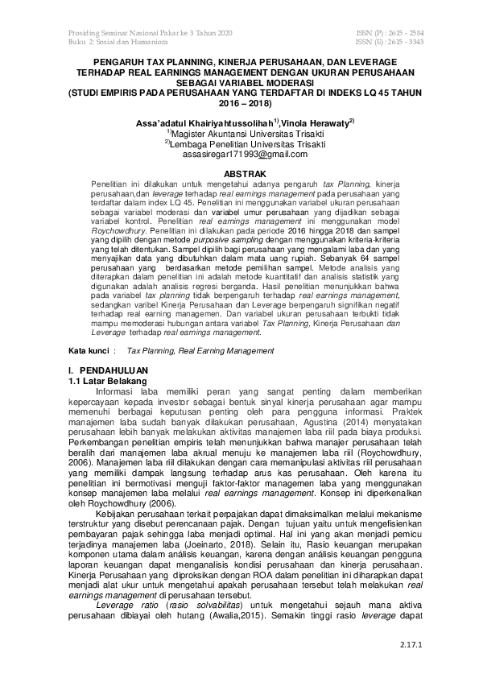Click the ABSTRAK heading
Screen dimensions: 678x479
pyautogui.click(x=239, y=173)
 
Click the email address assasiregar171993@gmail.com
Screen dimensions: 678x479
pyautogui.click(x=239, y=153)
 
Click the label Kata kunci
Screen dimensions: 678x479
pyautogui.click(x=89, y=351)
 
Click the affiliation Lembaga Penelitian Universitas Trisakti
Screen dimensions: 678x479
pyautogui.click(x=242, y=143)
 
